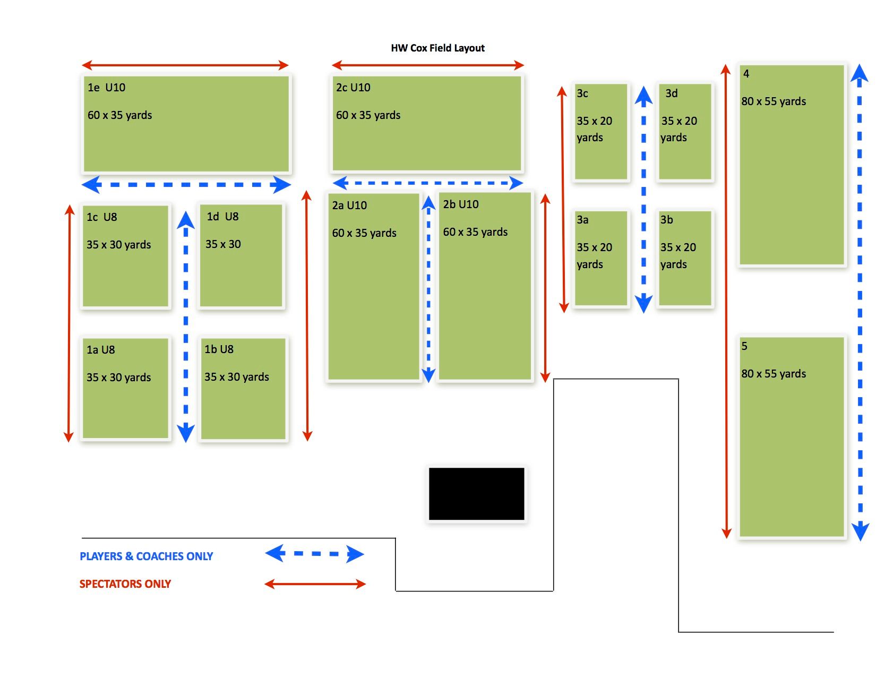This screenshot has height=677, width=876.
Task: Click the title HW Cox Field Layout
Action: [x=437, y=48]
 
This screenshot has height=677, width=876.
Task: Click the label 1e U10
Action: [x=107, y=88]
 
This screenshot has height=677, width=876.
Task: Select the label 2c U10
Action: [x=353, y=88]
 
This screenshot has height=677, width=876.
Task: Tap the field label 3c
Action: [x=582, y=93]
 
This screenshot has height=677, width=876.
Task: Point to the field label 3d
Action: [x=672, y=93]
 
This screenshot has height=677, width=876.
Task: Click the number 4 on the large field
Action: [x=746, y=74]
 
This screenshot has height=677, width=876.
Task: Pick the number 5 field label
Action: [x=744, y=346]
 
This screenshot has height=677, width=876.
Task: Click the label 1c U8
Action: [x=102, y=217]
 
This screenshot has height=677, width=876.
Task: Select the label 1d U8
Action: [x=222, y=217]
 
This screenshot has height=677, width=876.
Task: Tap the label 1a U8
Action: [x=101, y=350]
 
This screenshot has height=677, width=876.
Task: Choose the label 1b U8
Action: [x=219, y=349]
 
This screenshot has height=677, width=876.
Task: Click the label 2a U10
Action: [x=349, y=205]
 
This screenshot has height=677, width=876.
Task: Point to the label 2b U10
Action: [x=461, y=204]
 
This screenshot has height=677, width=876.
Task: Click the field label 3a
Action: [x=582, y=220]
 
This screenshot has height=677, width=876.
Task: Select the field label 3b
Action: [x=667, y=220]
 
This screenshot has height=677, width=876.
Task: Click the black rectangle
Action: [x=476, y=494]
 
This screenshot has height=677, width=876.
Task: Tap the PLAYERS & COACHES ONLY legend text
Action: [x=146, y=556]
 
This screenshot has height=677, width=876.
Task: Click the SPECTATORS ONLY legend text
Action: [x=125, y=584]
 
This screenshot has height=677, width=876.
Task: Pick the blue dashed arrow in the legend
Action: [x=315, y=554]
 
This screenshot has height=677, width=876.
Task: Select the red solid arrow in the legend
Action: [x=315, y=584]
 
